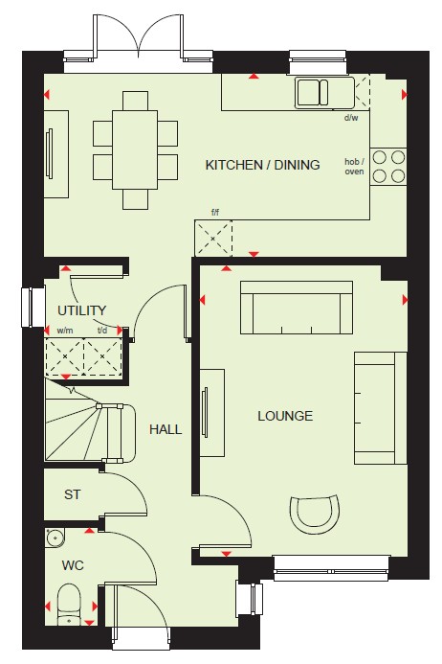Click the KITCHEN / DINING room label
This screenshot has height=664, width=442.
click(x=262, y=165)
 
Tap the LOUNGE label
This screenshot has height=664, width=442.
click(x=285, y=416)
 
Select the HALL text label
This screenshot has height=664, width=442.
click(x=166, y=429)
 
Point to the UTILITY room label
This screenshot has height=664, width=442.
click(x=81, y=310)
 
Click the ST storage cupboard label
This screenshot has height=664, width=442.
click(x=73, y=494)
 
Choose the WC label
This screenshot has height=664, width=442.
click(x=73, y=565)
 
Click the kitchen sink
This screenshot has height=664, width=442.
click(x=313, y=92)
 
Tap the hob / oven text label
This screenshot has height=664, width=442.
click(x=354, y=167)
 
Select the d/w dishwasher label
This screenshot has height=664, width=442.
click(x=351, y=117)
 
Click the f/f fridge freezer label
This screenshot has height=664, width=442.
click(x=215, y=212)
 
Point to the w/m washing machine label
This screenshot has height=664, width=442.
click(x=65, y=331)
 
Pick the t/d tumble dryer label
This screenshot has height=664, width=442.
click(x=102, y=331)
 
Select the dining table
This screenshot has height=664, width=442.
click(x=135, y=149)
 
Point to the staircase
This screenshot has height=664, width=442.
click(x=90, y=424)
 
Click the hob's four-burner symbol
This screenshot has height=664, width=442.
click(x=388, y=167)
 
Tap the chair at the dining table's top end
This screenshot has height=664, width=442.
click(x=135, y=101)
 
